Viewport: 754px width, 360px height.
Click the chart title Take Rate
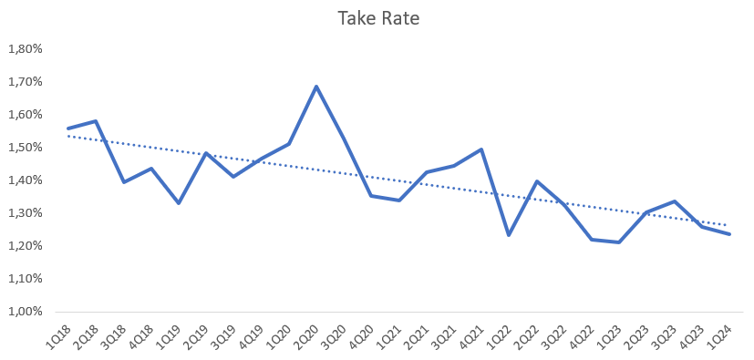[378, 19]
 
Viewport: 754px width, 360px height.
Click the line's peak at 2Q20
[316, 87]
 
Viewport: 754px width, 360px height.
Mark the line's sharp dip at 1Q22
[509, 235]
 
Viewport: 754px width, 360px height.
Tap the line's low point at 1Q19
[179, 202]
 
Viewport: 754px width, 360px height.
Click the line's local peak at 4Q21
[481, 149]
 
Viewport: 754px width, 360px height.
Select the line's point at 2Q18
[96, 121]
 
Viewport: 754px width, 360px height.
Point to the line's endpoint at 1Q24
[729, 234]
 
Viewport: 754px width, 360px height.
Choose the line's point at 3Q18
[123, 182]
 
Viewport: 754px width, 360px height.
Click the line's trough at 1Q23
[619, 242]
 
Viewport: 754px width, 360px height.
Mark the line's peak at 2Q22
[536, 181]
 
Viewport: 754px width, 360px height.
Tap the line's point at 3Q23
[674, 201]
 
